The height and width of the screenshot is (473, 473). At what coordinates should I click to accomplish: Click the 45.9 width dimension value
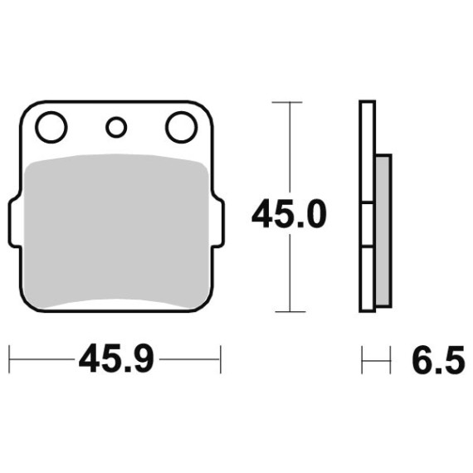pos(116,359)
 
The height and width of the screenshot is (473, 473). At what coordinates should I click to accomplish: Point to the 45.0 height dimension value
pos(289,214)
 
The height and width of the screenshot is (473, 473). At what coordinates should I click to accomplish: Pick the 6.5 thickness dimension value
pos(438,359)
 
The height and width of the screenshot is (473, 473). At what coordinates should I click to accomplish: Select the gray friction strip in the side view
pos(383,231)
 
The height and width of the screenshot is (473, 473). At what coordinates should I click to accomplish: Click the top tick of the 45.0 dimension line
pos(287,102)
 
